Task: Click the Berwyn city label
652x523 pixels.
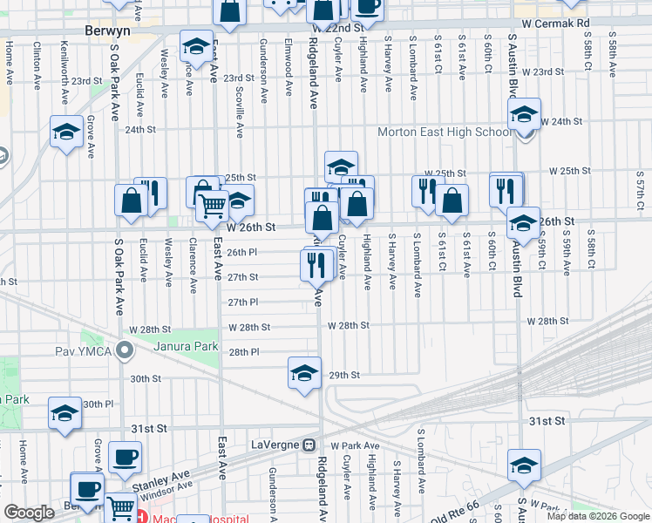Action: (108, 31)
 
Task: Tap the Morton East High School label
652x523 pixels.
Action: (445, 132)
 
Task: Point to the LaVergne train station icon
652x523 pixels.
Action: (309, 445)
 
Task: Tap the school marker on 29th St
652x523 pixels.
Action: (302, 373)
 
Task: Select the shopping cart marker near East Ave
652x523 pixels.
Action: (213, 207)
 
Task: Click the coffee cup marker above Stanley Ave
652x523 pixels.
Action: (124, 456)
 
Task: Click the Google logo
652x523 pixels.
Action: (29, 513)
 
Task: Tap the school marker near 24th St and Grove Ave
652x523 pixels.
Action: (66, 132)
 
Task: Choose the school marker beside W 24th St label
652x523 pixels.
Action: (524, 113)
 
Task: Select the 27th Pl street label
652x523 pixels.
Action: (243, 302)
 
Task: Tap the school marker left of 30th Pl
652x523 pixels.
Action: (65, 413)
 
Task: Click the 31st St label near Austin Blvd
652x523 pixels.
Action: (547, 421)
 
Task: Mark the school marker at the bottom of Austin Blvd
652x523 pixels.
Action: (524, 465)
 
